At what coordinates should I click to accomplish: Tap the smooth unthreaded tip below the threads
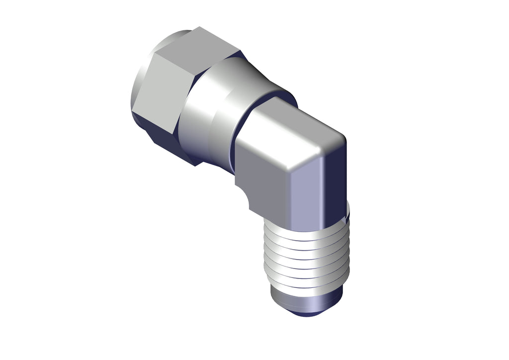click(x=306, y=298)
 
